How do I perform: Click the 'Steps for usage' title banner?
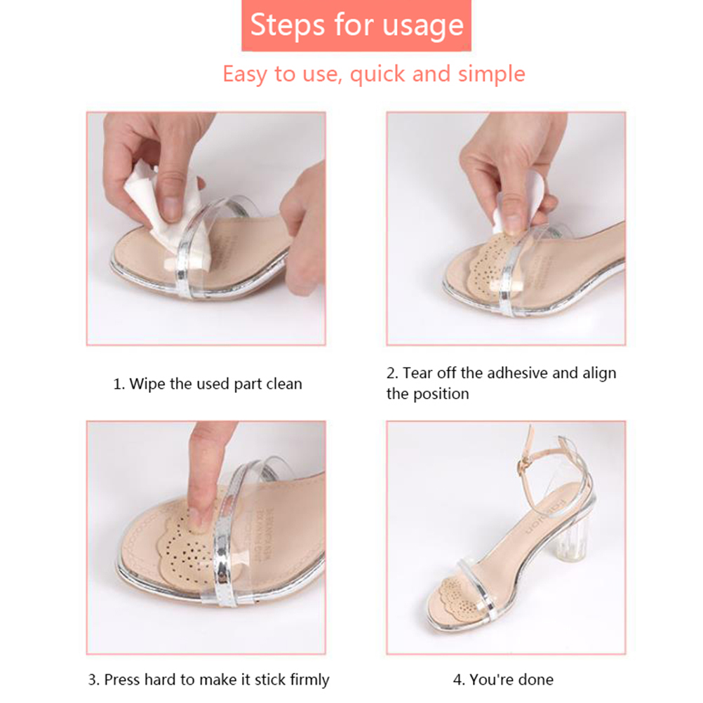356,25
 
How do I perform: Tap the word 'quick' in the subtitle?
377,74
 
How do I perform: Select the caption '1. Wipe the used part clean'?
208,384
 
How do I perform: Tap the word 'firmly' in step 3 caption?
309,680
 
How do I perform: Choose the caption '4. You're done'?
503,680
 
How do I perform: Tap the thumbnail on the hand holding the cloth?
171,208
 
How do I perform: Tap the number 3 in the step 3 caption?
91,680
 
